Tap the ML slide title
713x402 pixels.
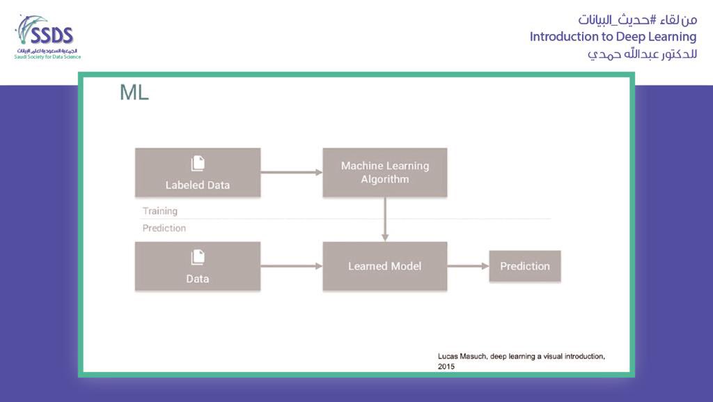(134, 93)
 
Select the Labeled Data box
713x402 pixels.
(198, 172)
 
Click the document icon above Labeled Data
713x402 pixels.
(198, 163)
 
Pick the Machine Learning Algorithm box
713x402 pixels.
(384, 172)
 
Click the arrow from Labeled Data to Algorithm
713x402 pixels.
(291, 171)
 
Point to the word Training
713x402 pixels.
(160, 210)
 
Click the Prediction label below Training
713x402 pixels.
(164, 228)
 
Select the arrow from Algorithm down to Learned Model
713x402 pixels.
(385, 219)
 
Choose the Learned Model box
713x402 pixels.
(384, 266)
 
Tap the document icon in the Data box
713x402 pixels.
(198, 257)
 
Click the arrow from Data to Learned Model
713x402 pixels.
(291, 266)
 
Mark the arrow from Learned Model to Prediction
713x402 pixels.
(468, 266)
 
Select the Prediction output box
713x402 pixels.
(525, 266)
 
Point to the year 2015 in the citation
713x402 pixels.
(446, 366)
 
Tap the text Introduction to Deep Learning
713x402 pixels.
(613, 36)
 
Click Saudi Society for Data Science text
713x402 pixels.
(47, 56)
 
